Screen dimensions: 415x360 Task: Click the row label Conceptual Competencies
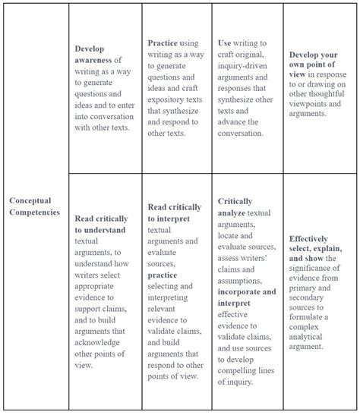pos(34,206)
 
